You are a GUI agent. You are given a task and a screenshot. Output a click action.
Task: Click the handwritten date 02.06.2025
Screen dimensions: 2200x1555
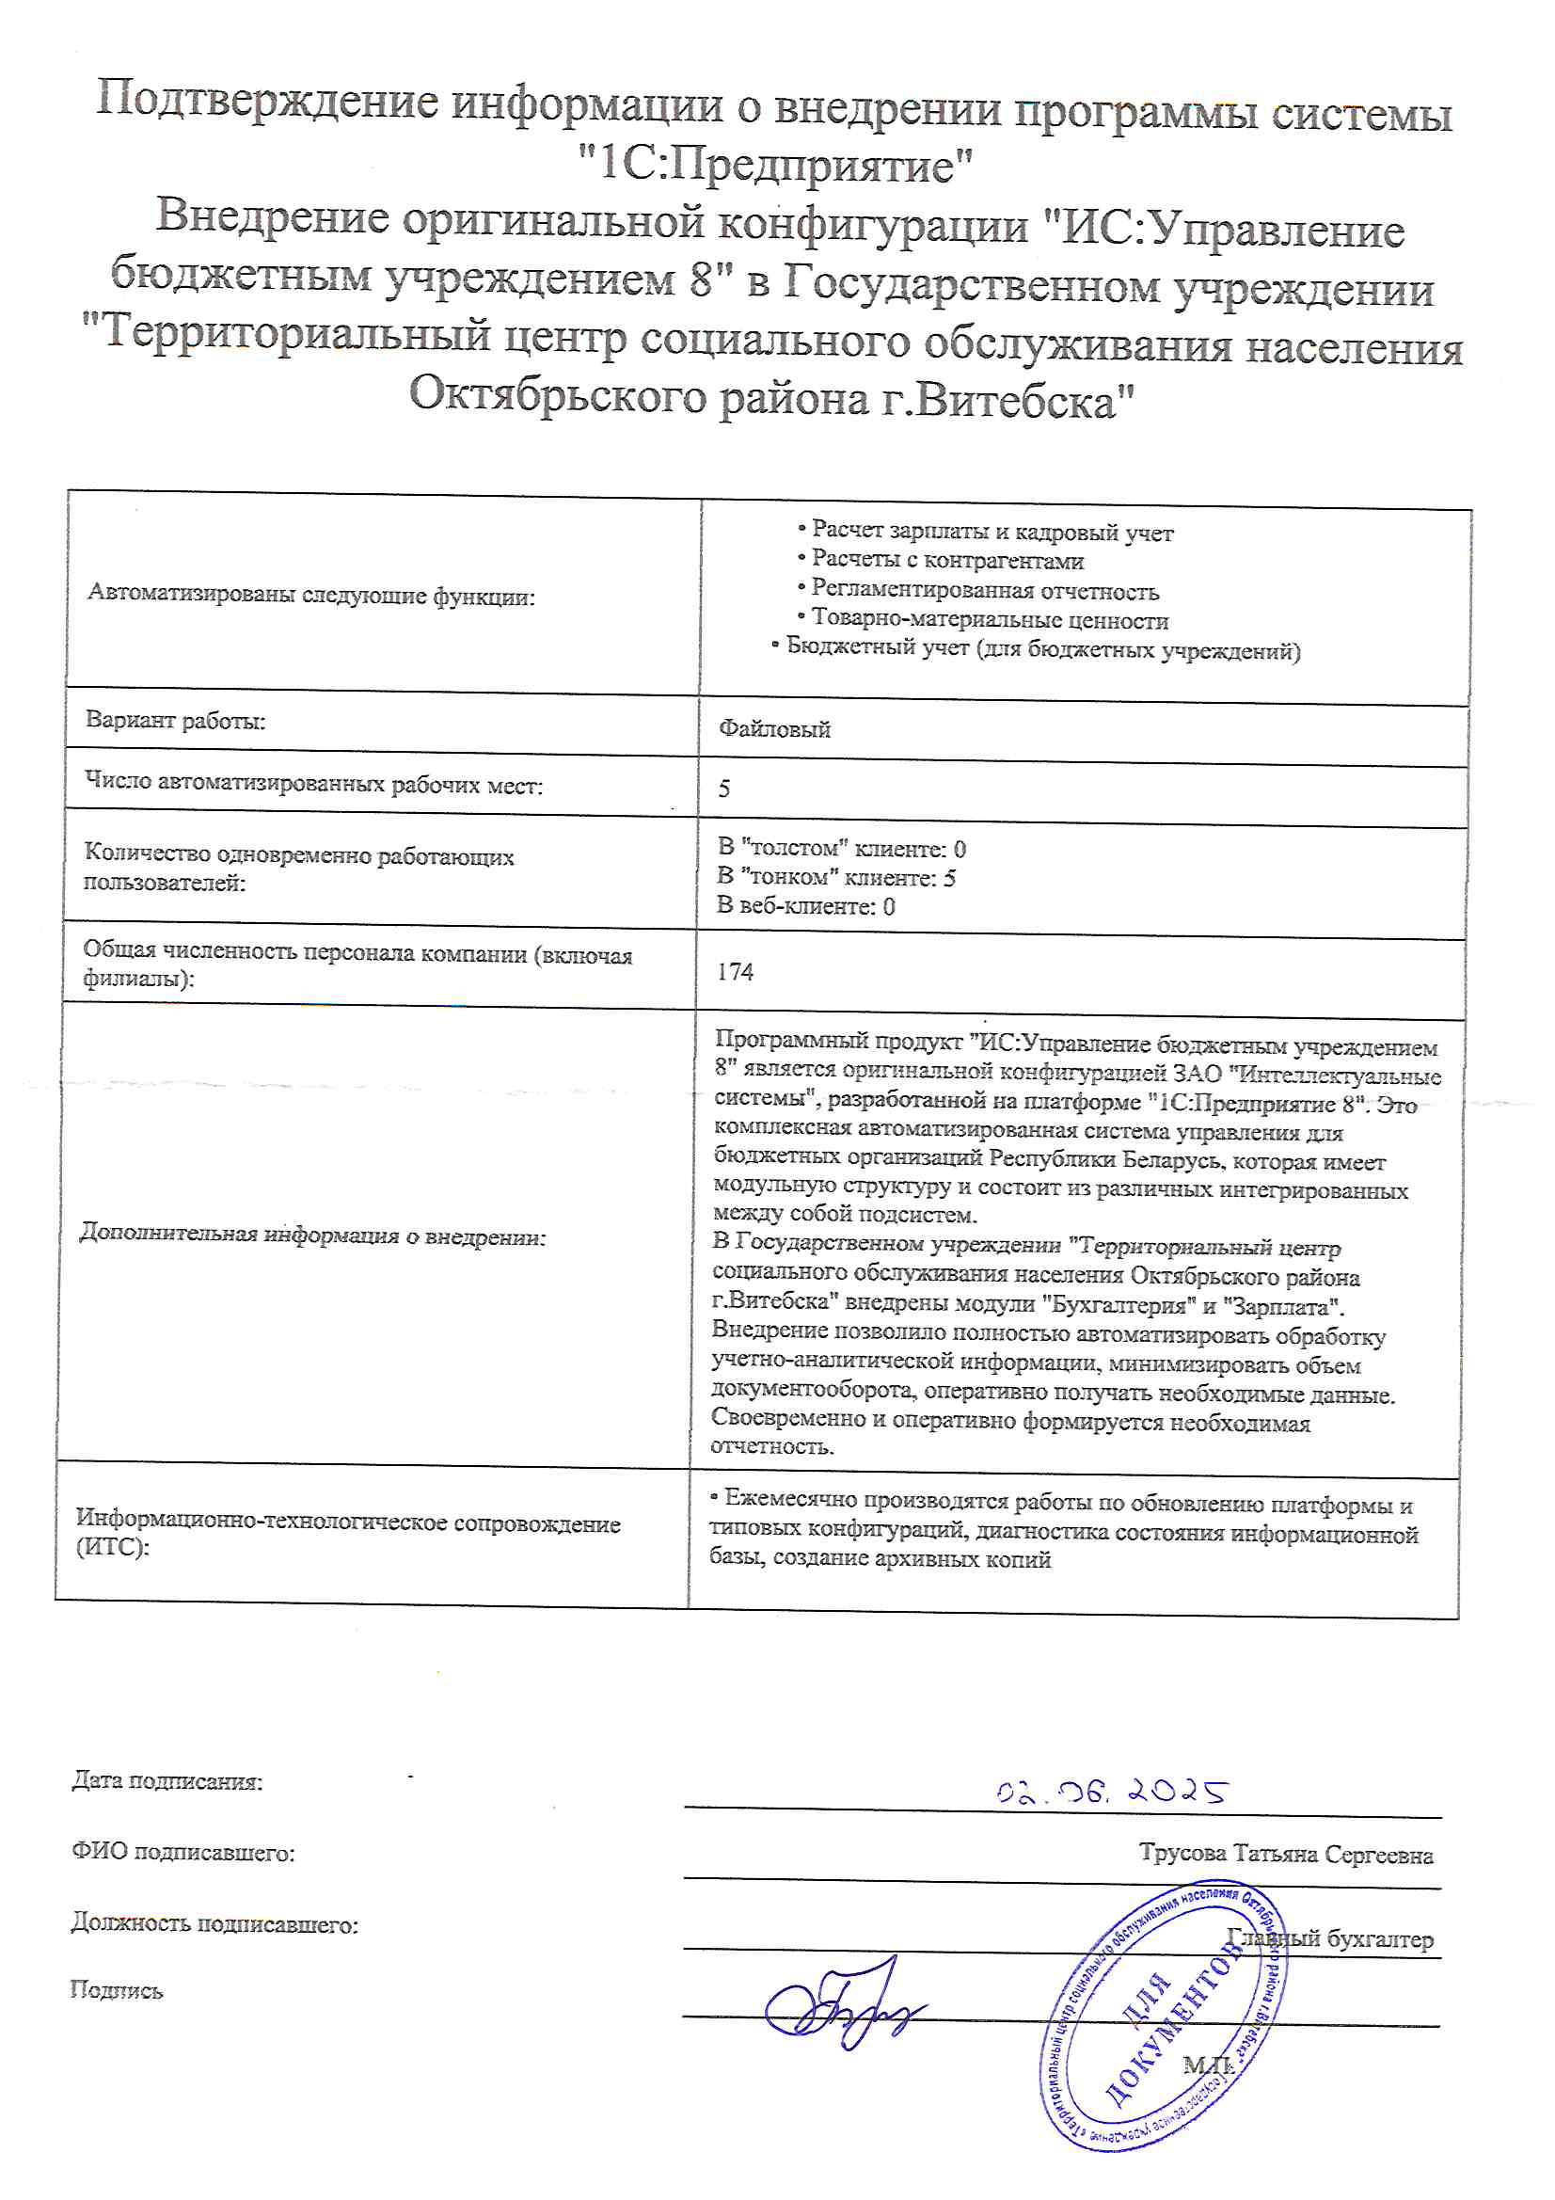click(x=1111, y=1791)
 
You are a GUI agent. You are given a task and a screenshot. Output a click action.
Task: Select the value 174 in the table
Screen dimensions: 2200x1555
click(x=735, y=972)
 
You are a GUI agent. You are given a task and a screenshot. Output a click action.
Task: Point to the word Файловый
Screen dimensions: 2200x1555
click(x=774, y=729)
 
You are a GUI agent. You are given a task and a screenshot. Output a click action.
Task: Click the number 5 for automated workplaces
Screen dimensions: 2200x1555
click(x=724, y=789)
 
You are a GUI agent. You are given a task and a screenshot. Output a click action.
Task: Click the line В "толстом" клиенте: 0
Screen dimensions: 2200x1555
click(x=841, y=848)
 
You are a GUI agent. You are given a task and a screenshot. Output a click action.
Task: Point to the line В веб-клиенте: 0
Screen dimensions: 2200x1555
click(x=806, y=906)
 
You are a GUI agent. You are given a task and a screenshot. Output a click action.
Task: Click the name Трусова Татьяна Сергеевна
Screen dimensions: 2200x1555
click(x=1286, y=1855)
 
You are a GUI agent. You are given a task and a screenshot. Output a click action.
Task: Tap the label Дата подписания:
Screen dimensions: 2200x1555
click(x=167, y=1781)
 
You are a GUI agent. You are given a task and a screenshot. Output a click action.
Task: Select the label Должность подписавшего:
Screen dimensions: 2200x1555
click(x=214, y=1923)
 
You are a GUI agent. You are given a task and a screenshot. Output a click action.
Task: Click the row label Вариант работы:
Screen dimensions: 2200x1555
click(x=175, y=721)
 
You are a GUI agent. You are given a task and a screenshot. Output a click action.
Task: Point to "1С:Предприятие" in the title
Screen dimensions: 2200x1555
click(x=776, y=165)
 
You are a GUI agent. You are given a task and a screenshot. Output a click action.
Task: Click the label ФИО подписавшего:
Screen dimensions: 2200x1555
click(x=183, y=1852)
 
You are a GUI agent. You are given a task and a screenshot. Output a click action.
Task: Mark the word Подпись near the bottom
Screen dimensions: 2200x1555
click(x=116, y=1990)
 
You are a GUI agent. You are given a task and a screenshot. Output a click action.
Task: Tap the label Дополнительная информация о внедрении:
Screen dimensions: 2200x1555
click(x=312, y=1236)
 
